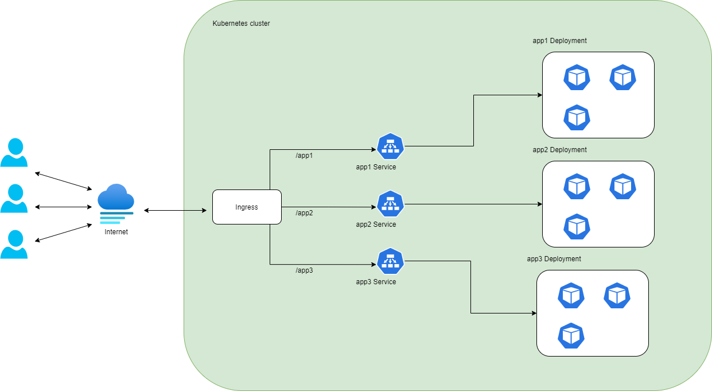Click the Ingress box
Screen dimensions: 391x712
point(247,207)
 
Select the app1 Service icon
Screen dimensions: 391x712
point(391,146)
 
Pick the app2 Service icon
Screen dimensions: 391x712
point(391,204)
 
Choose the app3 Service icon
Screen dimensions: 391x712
point(391,261)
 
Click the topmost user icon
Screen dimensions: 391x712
point(14,153)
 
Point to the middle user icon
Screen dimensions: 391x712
point(14,199)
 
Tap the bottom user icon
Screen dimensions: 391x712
point(14,245)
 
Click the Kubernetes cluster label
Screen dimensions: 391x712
point(241,24)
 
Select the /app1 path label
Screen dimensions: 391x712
point(304,156)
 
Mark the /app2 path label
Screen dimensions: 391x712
point(304,213)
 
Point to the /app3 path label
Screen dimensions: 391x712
point(304,270)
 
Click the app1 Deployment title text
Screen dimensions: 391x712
point(559,41)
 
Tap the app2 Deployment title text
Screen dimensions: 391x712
point(559,150)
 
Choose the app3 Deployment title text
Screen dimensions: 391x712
point(554,259)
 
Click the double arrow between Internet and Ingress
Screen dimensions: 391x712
point(175,211)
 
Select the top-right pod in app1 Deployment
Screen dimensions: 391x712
point(622,78)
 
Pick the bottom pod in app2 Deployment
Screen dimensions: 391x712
point(577,227)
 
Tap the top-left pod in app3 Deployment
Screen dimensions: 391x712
point(571,296)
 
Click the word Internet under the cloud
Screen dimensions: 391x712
point(116,232)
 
